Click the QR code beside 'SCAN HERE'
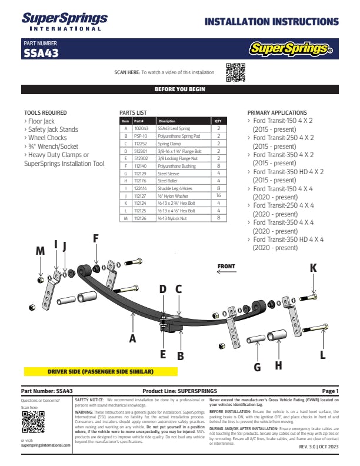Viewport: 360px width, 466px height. (x=235, y=72)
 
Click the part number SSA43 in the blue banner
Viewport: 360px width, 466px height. (x=41, y=53)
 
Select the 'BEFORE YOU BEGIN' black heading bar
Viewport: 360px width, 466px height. (x=179, y=89)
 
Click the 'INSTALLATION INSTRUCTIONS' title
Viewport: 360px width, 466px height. (x=271, y=22)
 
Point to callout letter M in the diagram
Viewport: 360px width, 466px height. (x=40, y=251)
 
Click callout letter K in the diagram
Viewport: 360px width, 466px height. (x=314, y=268)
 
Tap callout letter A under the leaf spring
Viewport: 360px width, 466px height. (x=133, y=338)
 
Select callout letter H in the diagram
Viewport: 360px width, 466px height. (x=278, y=365)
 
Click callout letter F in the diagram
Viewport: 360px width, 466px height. (x=96, y=238)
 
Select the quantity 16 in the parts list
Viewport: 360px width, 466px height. (x=218, y=195)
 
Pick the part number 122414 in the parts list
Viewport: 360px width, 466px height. (x=141, y=188)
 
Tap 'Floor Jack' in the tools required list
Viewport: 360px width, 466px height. (x=41, y=121)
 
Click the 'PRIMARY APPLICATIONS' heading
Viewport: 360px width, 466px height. (x=276, y=112)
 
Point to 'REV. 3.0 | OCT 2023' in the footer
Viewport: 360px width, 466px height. (x=319, y=447)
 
